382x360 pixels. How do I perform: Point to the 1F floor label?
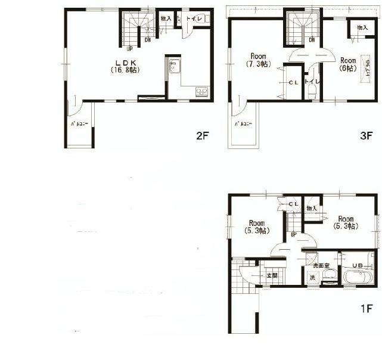coord(365,309)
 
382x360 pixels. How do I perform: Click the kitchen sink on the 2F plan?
coord(174,66)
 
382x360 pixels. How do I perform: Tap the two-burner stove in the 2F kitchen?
coord(202,92)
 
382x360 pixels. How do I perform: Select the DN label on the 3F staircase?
coord(312,41)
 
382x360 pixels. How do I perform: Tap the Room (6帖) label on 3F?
coord(347,64)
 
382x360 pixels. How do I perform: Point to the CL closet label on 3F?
coord(294,83)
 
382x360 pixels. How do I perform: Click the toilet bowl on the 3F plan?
coord(311,91)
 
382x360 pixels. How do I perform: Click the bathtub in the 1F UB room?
coord(358,277)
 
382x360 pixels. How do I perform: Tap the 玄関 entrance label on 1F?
coord(272,275)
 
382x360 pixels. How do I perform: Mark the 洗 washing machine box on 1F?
coord(312,278)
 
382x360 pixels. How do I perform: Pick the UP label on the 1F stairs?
coord(294,234)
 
